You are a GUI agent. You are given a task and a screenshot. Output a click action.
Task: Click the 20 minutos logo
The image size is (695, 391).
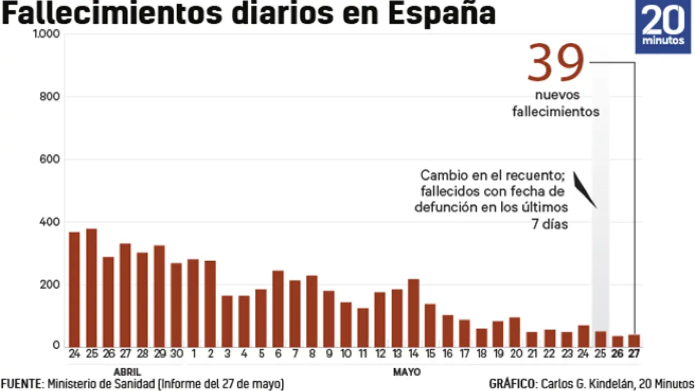[663, 27]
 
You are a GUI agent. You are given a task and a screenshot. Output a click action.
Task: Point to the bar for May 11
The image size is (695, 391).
[363, 327]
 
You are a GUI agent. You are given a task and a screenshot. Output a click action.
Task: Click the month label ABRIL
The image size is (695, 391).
[128, 372]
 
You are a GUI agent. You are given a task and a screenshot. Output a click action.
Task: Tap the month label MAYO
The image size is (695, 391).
[407, 372]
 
